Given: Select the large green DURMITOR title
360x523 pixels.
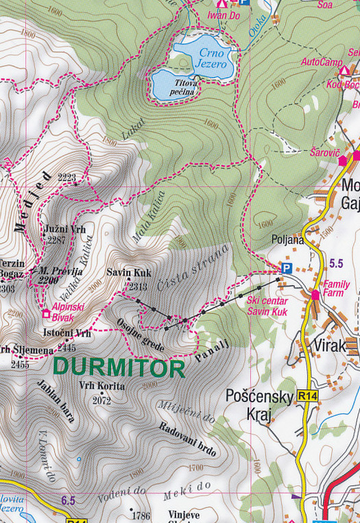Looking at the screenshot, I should point(119,368).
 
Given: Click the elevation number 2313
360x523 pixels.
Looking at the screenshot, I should point(137,287).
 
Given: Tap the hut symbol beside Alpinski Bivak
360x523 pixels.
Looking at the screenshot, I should point(47,314).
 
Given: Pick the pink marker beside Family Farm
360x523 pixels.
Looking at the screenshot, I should point(315,295).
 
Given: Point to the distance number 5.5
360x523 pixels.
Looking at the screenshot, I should point(336,263).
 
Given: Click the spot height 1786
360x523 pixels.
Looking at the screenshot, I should point(141,515).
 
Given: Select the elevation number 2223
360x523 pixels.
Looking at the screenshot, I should point(67,178).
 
